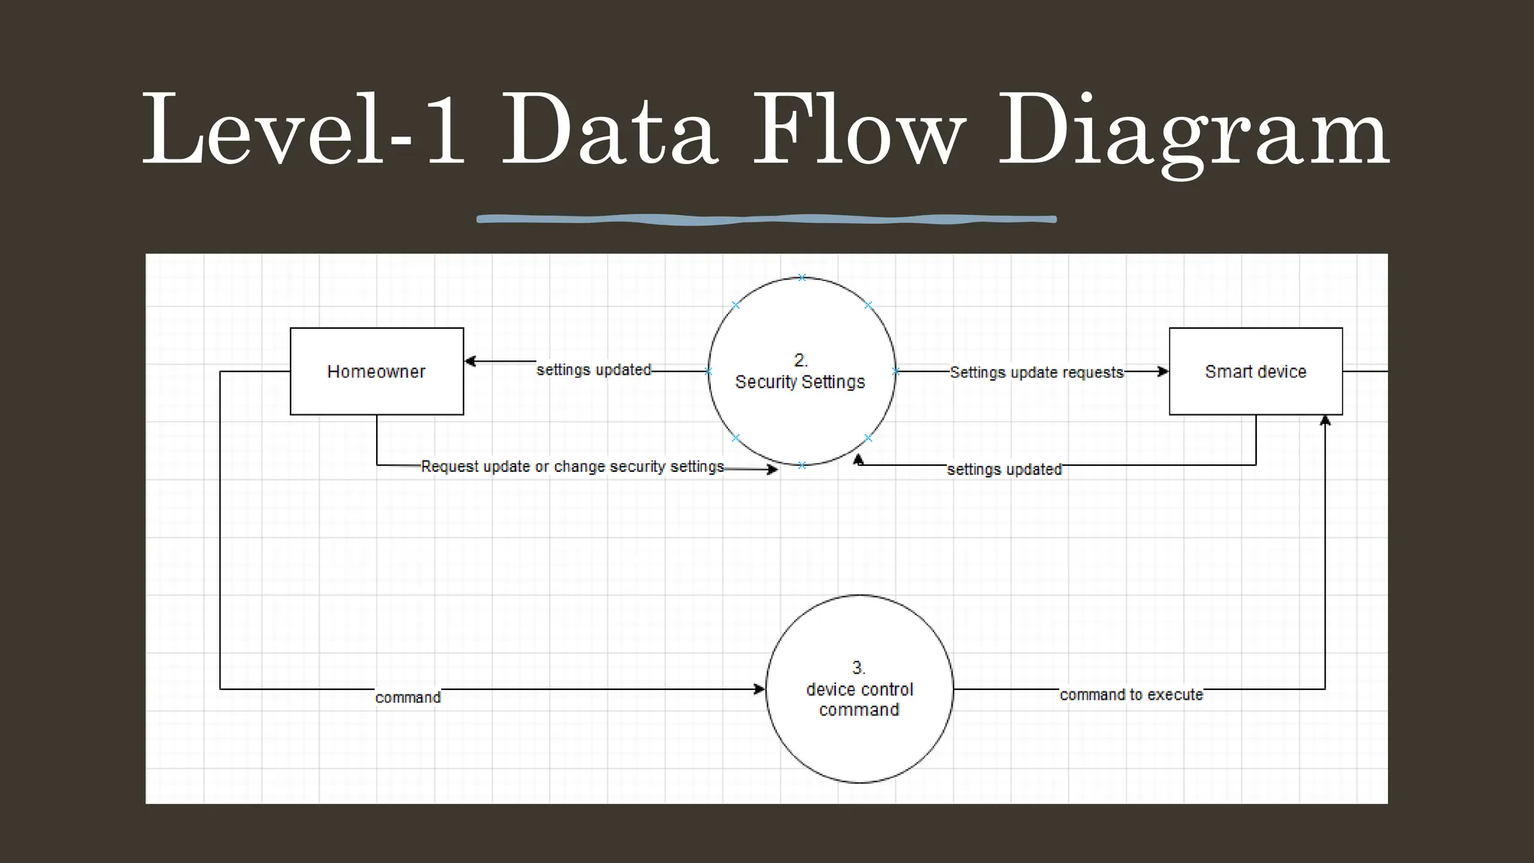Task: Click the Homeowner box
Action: (x=377, y=372)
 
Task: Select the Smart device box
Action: (x=1255, y=372)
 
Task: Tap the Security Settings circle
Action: (x=801, y=405)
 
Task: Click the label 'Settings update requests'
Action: (x=1037, y=372)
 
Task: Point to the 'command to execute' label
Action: (x=1131, y=695)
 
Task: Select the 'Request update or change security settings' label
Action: (x=572, y=467)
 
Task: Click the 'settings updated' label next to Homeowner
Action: (x=594, y=370)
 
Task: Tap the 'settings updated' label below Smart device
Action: (x=1004, y=470)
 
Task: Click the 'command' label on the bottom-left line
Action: (x=408, y=697)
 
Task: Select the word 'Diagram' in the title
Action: (x=1194, y=132)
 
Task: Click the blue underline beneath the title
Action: (x=766, y=219)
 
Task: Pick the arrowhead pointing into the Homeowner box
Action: (x=470, y=361)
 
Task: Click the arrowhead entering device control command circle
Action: (x=760, y=689)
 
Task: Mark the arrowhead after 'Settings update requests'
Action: (x=1162, y=372)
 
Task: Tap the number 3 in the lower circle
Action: (x=858, y=667)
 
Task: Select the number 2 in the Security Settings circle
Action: (x=800, y=360)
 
